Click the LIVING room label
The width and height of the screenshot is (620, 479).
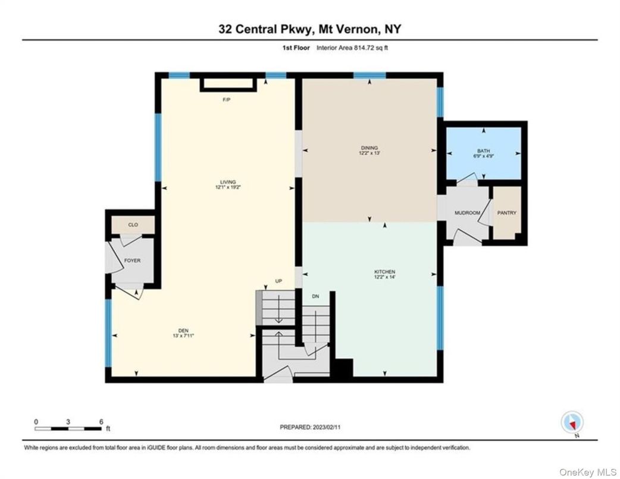click(227, 182)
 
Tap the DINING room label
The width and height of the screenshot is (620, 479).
click(369, 148)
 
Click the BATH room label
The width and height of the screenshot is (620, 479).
click(483, 151)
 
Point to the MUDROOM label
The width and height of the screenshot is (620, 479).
click(467, 213)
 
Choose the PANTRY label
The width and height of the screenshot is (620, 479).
click(507, 213)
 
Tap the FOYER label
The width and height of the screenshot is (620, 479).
click(131, 260)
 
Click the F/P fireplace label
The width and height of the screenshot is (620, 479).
click(226, 99)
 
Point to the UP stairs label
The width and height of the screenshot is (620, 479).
click(278, 281)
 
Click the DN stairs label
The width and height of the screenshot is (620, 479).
click(315, 296)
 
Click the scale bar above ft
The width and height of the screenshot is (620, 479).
click(68, 427)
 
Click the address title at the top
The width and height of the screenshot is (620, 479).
click(309, 29)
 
